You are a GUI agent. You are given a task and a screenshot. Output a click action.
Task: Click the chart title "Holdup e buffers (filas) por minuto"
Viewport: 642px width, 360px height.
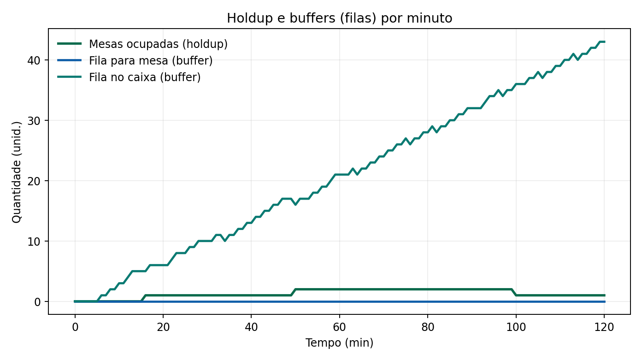click(339, 18)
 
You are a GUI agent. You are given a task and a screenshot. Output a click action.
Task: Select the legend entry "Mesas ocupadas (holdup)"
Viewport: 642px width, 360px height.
click(158, 44)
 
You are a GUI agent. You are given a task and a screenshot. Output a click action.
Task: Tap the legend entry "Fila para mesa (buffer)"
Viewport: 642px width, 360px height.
click(151, 61)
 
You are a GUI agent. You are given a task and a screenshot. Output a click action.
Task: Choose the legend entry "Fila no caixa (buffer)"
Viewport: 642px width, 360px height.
click(145, 77)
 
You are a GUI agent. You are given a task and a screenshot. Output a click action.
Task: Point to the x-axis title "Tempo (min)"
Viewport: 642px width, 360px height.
click(339, 343)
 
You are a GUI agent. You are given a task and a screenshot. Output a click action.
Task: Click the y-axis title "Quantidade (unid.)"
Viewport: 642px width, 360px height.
click(17, 171)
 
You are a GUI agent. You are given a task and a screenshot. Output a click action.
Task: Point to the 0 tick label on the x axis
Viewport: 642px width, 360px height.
click(75, 327)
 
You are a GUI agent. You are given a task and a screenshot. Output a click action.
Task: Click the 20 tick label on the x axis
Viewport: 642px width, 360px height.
click(163, 327)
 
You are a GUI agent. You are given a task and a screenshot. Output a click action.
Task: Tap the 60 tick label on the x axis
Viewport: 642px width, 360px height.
click(339, 327)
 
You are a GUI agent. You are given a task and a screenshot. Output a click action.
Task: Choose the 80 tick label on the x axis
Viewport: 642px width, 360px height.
click(428, 327)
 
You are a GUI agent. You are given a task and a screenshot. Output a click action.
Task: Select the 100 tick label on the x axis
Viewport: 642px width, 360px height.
click(516, 327)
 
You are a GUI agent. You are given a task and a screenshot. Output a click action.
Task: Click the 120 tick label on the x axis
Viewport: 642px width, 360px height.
click(604, 327)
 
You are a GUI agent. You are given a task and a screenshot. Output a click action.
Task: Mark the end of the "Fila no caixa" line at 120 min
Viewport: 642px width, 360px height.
click(604, 42)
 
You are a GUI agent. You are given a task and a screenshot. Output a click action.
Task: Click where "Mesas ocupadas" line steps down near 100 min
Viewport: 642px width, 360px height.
click(513, 292)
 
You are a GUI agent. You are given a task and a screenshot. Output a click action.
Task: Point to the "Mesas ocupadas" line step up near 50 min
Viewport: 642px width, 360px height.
click(293, 292)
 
